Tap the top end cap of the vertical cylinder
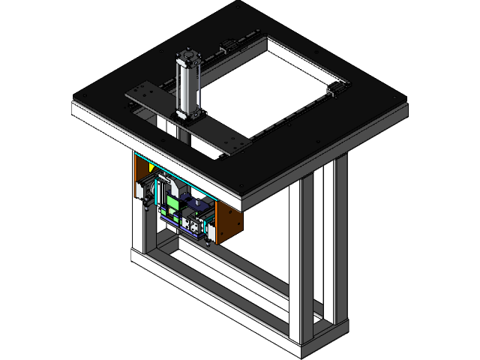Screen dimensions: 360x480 click(x=187, y=55)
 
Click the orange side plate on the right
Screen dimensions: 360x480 click(x=228, y=223)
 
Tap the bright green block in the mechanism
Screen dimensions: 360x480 click(x=172, y=202)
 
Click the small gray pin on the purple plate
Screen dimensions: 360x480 click(x=196, y=202)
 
